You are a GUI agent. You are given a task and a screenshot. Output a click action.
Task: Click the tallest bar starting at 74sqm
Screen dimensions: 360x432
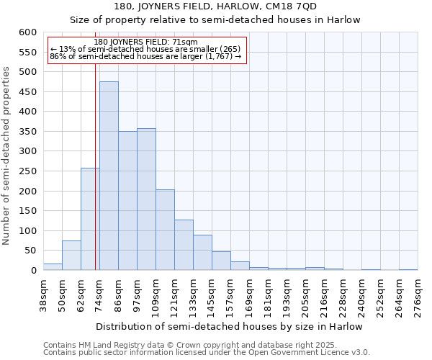pos(109,176)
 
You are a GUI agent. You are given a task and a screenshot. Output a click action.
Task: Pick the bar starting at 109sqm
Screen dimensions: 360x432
pos(165,230)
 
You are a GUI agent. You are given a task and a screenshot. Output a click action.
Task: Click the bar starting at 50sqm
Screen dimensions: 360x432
pos(71,256)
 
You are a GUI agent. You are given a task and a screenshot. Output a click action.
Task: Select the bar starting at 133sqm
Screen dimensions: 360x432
pos(202,253)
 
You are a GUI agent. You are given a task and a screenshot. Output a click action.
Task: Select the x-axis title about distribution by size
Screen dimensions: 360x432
pos(229,326)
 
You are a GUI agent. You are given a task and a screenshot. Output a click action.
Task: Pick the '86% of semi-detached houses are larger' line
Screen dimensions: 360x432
pos(146,56)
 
